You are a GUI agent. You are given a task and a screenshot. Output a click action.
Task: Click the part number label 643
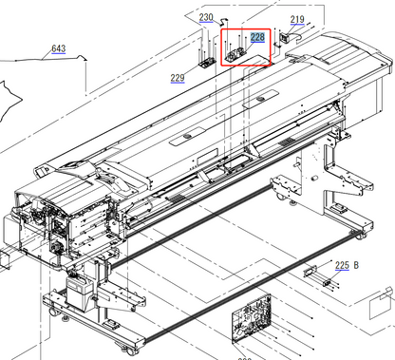(x=58, y=48)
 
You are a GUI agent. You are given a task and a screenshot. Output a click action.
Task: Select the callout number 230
(x=206, y=18)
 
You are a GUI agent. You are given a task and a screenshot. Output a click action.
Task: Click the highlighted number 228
(x=257, y=36)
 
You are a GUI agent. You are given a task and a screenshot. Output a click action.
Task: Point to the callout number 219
(x=297, y=19)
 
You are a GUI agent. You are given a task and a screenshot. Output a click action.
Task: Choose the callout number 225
(x=342, y=266)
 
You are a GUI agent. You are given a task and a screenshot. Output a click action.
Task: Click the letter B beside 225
(x=357, y=266)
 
